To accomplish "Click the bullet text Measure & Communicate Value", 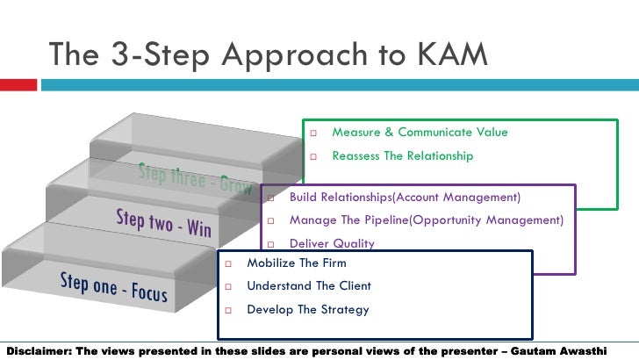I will click(420, 133).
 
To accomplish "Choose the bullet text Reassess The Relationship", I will click(402, 156).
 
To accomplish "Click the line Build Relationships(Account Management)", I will click(405, 197).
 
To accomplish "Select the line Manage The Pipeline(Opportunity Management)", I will click(426, 220).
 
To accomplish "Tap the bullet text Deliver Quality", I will click(332, 244).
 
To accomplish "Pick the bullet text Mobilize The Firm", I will click(297, 263).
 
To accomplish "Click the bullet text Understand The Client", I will click(309, 286).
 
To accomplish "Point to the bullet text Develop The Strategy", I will click(308, 310).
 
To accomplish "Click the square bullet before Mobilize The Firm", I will click(227, 263).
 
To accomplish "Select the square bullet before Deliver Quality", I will click(270, 245).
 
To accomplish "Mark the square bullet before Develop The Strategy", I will click(227, 311).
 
